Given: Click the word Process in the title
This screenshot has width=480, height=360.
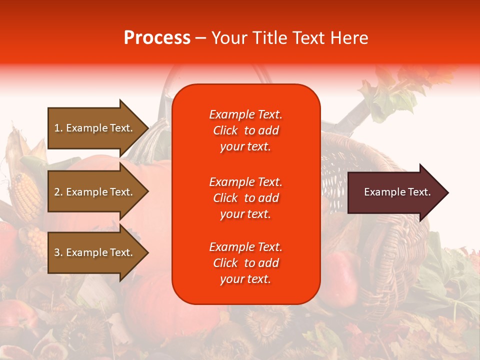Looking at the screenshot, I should coord(157,37).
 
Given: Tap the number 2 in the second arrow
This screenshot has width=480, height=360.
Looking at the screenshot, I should coord(57,192).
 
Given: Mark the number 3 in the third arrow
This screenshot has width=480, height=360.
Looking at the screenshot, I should coord(57,252).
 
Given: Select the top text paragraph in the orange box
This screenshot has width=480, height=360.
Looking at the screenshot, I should coord(245,130).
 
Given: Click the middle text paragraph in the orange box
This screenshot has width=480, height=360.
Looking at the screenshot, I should coord(245,198).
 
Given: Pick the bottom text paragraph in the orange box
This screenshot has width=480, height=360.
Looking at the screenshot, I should coord(245,263).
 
